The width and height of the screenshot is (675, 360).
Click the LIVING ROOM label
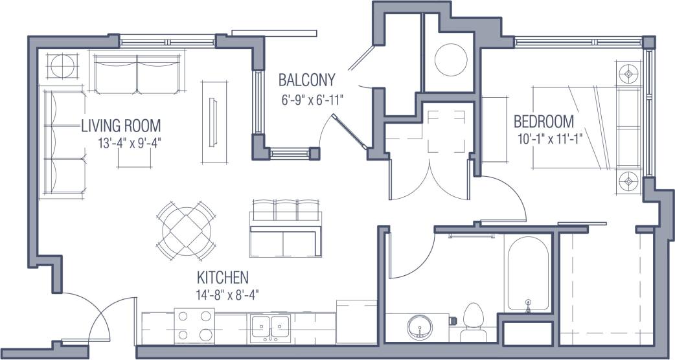[x=120, y=126]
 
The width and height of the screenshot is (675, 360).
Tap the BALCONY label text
[x=307, y=80]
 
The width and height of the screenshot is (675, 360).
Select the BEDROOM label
[x=544, y=121]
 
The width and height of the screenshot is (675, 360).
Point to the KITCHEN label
[x=223, y=278]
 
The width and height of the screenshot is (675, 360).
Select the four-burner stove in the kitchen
[x=194, y=325]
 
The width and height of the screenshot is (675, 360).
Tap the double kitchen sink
[x=270, y=325]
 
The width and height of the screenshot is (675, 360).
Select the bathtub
[x=529, y=273]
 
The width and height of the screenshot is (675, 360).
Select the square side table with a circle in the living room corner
[x=63, y=67]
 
